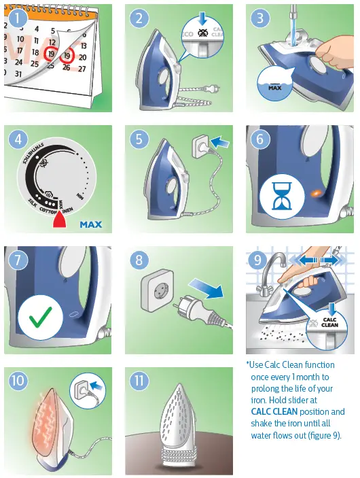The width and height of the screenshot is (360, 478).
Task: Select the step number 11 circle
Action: point(141,381)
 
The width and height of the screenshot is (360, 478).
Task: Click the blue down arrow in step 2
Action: point(204,18)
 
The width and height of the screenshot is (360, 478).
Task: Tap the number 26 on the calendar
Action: point(66,67)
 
